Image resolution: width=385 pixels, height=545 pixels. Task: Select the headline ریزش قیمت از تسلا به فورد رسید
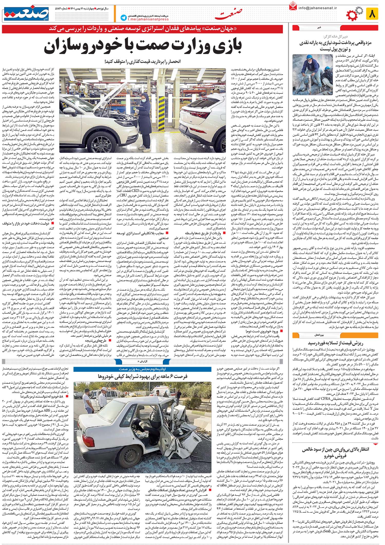click(335, 343)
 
